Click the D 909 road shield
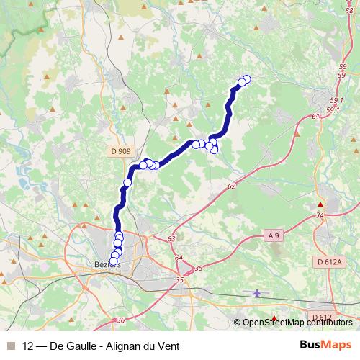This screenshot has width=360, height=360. (121, 151)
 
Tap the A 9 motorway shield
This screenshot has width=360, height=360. (273, 235)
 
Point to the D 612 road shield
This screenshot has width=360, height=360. (323, 317)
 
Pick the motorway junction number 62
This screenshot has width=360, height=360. (231, 186)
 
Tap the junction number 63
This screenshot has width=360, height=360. (171, 238)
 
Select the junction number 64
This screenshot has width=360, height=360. (179, 258)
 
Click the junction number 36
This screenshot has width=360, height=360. (120, 320)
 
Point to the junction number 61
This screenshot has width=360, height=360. (316, 116)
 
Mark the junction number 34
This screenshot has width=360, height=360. (320, 215)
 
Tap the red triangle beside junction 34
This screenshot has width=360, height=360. (320, 204)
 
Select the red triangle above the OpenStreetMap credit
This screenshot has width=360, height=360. (274, 318)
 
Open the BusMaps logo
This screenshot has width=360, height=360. (325, 345)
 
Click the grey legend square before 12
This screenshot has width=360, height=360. (10, 346)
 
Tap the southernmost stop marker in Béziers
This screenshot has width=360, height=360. (113, 261)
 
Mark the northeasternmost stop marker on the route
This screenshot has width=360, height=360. (247, 79)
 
